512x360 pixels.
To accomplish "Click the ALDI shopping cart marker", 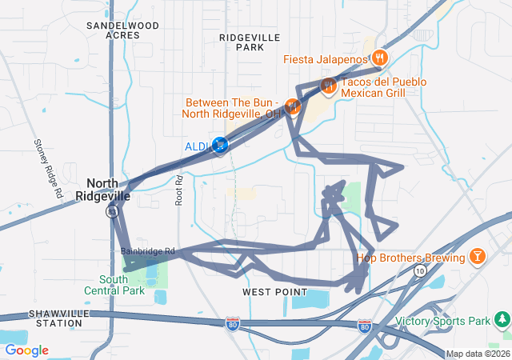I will [219, 146].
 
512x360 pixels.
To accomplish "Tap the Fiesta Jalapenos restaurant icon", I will [380, 58].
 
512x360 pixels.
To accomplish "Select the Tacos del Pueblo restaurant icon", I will [327, 86].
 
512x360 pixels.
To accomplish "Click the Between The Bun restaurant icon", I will [293, 106].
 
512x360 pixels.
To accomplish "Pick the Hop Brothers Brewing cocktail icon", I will [477, 257].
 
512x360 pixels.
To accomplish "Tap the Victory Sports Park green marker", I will [502, 321].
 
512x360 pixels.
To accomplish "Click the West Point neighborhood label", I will [274, 293].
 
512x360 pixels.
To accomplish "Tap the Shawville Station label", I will [55, 318].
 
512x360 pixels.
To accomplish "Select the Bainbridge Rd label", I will [148, 250].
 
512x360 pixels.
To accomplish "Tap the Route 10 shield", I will [419, 272].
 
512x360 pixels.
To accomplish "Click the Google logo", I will [26, 350].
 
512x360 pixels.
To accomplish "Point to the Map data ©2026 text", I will [477, 354].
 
